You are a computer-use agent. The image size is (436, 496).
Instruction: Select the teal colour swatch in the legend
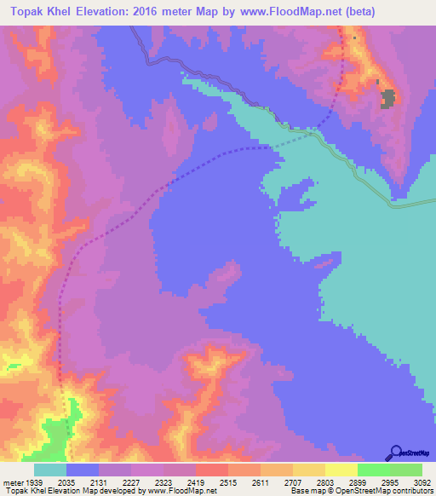pyautogui.click(x=50, y=470)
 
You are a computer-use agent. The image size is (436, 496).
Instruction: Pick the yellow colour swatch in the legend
pyautogui.click(x=341, y=470)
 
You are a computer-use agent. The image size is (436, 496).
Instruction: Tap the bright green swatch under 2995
pyautogui.click(x=374, y=470)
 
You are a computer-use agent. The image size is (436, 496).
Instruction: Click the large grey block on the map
pyautogui.click(x=388, y=99)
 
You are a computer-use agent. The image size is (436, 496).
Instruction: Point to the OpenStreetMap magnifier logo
pyautogui.click(x=394, y=453)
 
